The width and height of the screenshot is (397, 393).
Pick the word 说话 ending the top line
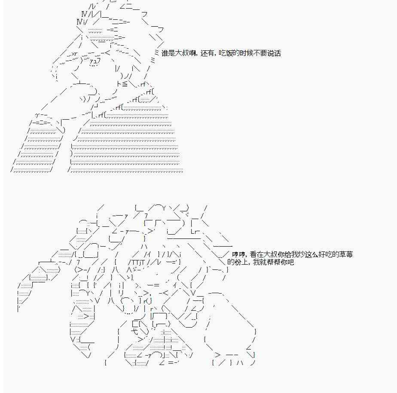(274, 53)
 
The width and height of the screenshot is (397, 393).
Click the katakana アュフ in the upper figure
(95, 61)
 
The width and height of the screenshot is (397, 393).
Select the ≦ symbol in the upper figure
(124, 84)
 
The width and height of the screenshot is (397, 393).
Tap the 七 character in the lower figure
(135, 331)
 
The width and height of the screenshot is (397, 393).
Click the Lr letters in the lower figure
(195, 232)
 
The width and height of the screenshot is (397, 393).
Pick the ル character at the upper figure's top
(92, 6)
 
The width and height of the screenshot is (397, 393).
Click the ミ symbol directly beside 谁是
(157, 53)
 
